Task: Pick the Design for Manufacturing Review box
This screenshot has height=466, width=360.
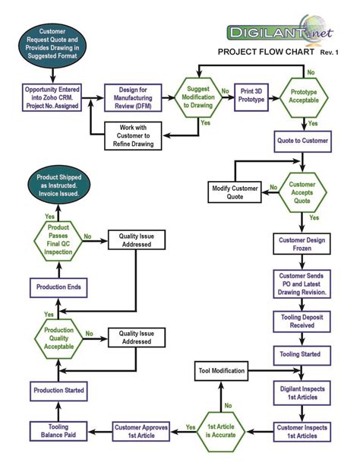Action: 135,98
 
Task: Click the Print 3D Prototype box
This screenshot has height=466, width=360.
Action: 253,98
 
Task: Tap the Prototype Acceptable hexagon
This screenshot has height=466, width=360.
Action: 304,98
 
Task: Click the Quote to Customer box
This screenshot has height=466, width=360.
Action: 304,140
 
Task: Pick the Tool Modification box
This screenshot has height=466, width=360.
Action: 223,371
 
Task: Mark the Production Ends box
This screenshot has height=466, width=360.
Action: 58,287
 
